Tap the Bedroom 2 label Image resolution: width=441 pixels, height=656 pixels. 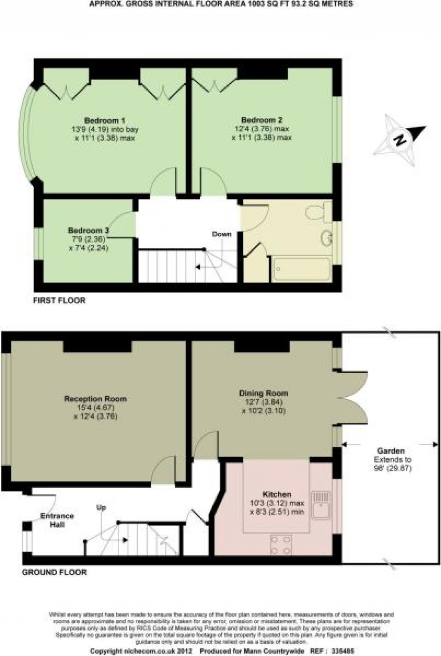pyautogui.click(x=261, y=120)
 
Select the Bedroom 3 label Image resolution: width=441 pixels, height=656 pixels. pyautogui.click(x=88, y=230)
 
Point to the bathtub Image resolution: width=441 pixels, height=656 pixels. pyautogui.click(x=301, y=269)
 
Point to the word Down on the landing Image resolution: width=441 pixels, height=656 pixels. pyautogui.click(x=221, y=234)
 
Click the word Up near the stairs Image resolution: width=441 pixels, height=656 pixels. pyautogui.click(x=101, y=508)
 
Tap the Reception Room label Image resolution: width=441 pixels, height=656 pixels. pyautogui.click(x=95, y=399)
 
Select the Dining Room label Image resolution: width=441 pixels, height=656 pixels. pyautogui.click(x=264, y=393)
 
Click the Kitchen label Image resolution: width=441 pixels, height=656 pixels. pyautogui.click(x=277, y=495)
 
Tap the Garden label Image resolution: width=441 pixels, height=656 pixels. pyautogui.click(x=392, y=451)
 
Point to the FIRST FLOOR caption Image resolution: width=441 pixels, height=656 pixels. pyautogui.click(x=59, y=300)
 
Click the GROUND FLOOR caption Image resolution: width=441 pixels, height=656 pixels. pyautogui.click(x=54, y=572)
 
